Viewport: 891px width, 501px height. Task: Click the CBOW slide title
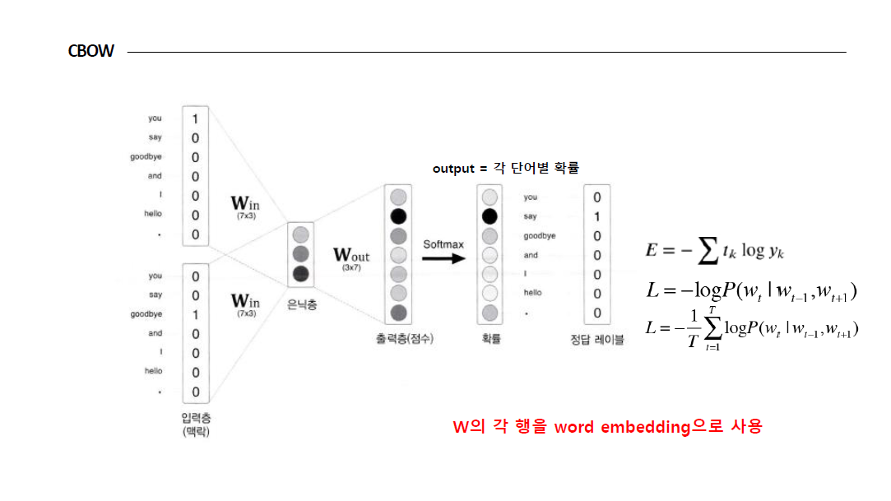coord(90,52)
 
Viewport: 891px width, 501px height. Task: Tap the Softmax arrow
coord(443,257)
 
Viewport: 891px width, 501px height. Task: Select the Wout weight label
coord(351,256)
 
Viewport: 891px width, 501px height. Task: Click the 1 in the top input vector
coord(195,119)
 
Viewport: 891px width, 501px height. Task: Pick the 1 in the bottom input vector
coord(195,315)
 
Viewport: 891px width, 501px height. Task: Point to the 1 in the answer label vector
coord(597,217)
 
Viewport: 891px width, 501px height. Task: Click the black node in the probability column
coord(490,217)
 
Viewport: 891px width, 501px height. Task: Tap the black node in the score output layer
coord(398,217)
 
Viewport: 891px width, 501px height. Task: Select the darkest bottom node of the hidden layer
coord(300,273)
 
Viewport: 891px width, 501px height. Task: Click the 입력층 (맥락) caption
coord(196,424)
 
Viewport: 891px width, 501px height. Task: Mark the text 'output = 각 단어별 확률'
coord(506,168)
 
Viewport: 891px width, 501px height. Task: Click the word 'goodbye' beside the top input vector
coord(146,157)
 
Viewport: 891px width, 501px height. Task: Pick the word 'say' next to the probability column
coord(530,217)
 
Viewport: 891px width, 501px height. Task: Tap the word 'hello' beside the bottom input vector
coord(154,372)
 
